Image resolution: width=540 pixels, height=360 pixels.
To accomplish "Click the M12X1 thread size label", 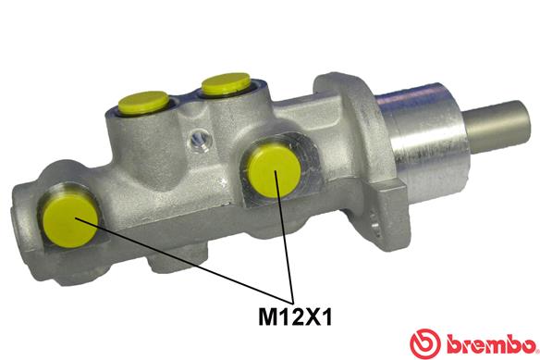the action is pos(295,317).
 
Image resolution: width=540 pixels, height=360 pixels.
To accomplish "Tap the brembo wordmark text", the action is pos(492,343).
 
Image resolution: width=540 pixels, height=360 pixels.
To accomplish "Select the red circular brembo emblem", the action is pos(425,343).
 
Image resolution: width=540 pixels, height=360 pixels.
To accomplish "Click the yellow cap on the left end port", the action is pos(70,221).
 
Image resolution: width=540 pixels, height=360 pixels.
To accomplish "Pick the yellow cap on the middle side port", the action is pos(274,171).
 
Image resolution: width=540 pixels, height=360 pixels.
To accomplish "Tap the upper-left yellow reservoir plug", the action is pos(143,103).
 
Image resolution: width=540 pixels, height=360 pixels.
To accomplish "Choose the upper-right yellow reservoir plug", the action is pos(226,84).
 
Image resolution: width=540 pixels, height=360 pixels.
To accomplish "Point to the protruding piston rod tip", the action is pos(498,127).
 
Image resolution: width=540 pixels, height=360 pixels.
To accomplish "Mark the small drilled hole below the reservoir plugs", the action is pos(200,140).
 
